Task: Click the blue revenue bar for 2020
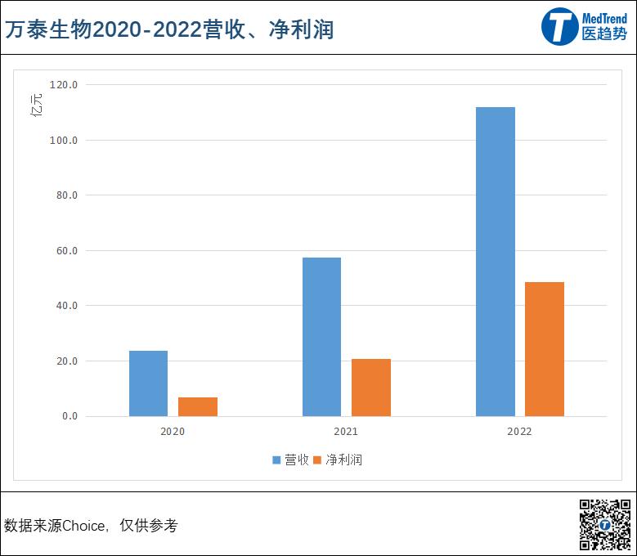(148, 383)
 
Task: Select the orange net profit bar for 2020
(198, 406)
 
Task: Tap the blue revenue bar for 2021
(321, 337)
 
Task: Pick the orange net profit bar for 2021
(371, 388)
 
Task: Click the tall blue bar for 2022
(496, 262)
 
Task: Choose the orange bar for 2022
(545, 349)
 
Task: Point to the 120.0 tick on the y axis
(63, 85)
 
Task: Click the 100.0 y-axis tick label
(63, 141)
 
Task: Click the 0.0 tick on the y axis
(68, 416)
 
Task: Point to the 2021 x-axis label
(346, 431)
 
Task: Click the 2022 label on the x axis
(519, 431)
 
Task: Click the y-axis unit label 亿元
(37, 106)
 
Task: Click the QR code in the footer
(605, 524)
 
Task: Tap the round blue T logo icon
(559, 27)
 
